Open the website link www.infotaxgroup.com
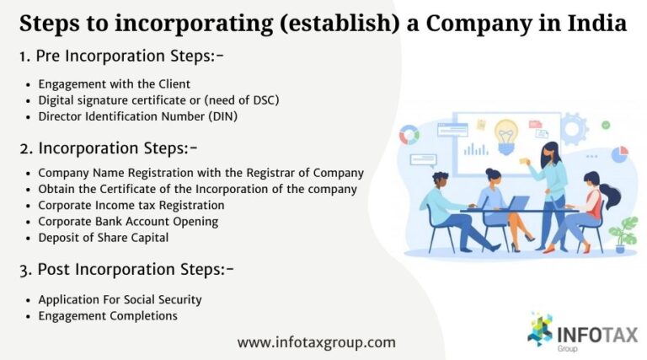316,342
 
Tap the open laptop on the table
515,203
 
